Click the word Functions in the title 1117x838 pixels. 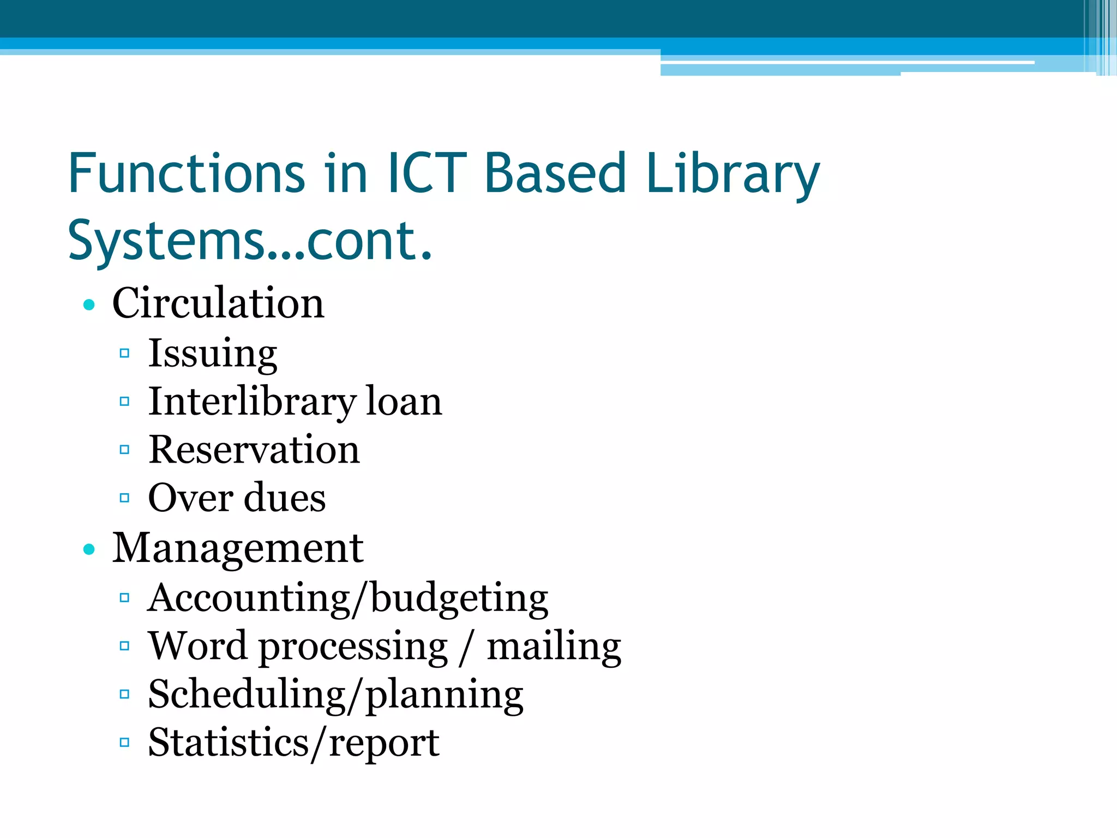pos(186,173)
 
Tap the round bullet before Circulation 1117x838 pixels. pos(89,304)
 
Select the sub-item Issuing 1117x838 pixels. pos(213,354)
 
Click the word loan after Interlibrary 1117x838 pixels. pos(404,402)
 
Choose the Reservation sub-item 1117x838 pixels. pos(254,450)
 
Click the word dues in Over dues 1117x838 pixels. pos(285,498)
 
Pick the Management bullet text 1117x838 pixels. pos(238,548)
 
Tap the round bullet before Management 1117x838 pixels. pos(89,549)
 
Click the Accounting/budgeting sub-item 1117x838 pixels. pos(348,598)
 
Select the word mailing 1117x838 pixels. pos(554,647)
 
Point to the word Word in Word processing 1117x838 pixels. pos(197,646)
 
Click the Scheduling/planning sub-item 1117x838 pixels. pos(335,695)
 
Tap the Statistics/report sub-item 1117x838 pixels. pos(293,743)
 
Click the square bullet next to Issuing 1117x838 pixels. pos(124,354)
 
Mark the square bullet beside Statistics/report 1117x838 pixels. pos(124,743)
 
